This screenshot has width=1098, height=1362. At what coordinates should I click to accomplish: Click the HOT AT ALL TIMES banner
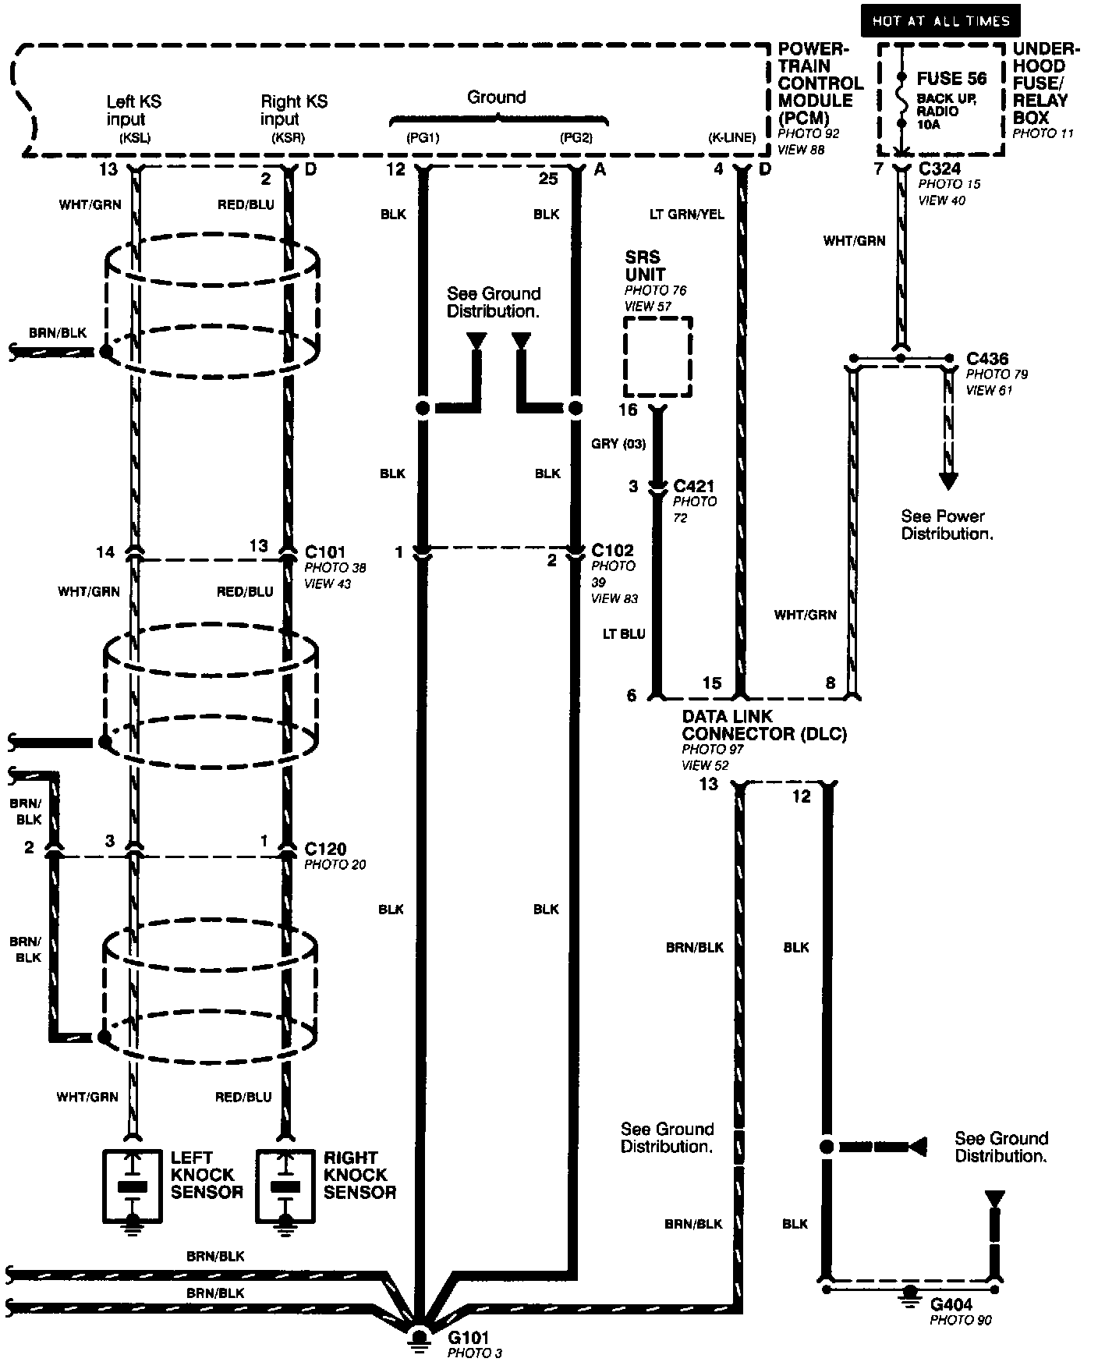click(x=940, y=21)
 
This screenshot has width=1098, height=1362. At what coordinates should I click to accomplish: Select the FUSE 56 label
click(x=951, y=79)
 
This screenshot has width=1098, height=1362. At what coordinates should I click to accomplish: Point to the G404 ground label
click(x=951, y=1304)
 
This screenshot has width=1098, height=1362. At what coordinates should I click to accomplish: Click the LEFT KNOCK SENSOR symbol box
click(x=133, y=1185)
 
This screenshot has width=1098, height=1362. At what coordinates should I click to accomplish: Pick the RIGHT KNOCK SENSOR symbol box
click(x=286, y=1185)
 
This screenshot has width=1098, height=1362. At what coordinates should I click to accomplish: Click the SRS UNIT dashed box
click(x=658, y=357)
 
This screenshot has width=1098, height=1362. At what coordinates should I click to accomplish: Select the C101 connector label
click(x=324, y=552)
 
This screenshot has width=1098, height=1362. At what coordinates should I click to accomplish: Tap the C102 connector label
click(x=613, y=550)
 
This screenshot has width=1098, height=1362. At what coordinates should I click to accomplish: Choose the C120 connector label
click(x=325, y=848)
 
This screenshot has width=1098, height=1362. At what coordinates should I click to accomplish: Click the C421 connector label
click(x=694, y=486)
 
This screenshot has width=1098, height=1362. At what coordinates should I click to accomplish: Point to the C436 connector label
click(x=987, y=359)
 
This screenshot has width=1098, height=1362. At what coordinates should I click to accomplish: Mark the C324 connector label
click(x=940, y=168)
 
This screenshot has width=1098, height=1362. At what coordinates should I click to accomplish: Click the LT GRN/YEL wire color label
click(x=687, y=214)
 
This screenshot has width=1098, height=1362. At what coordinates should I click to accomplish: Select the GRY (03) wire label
click(x=618, y=444)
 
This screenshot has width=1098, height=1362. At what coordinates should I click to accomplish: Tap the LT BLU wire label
click(x=623, y=634)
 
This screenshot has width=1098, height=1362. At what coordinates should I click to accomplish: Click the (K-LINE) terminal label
click(x=731, y=138)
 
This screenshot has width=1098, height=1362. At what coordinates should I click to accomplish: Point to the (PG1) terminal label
click(x=423, y=138)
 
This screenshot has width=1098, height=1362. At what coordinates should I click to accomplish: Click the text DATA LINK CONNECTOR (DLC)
click(x=763, y=725)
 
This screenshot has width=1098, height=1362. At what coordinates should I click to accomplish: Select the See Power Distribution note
click(x=947, y=525)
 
